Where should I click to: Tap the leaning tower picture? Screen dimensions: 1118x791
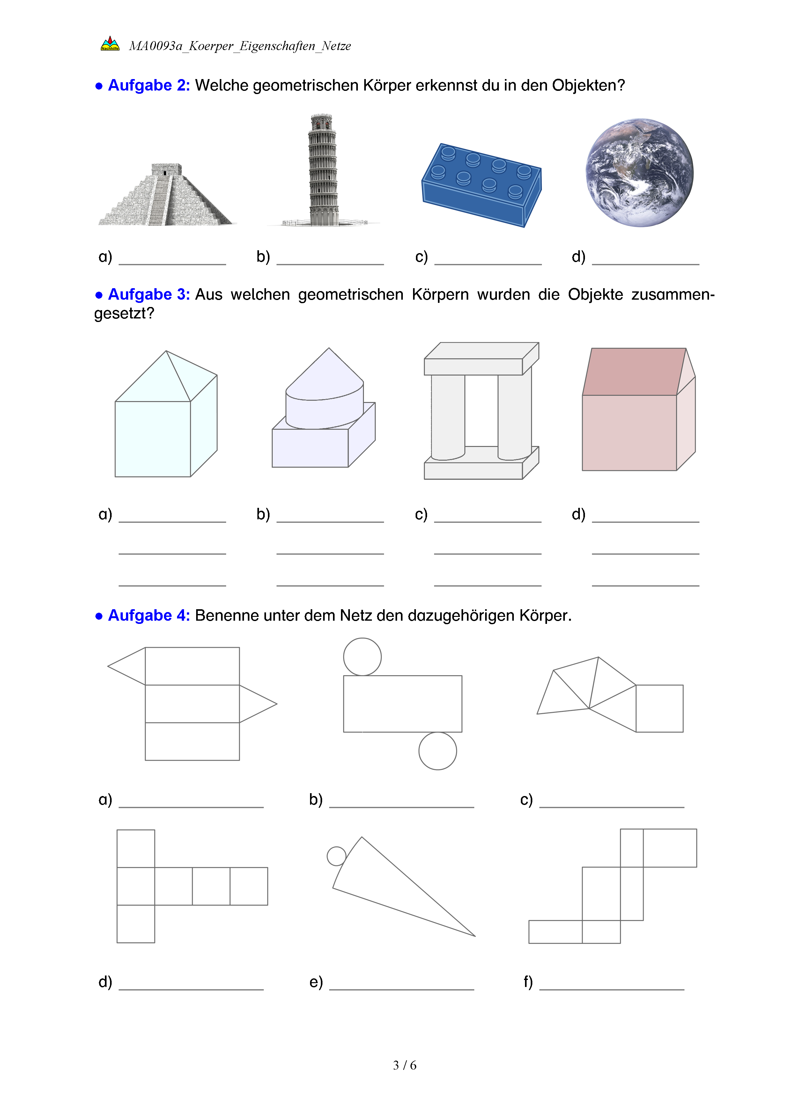(322, 171)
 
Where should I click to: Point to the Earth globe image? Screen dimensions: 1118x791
(639, 172)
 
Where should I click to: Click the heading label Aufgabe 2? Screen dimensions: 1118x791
(149, 85)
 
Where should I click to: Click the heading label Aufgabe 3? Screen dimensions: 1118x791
(149, 295)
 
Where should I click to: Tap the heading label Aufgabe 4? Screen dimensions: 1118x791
(149, 616)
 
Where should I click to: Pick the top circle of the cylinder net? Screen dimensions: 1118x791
(362, 656)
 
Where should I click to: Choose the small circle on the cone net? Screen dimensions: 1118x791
(336, 856)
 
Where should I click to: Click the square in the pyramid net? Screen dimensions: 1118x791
(660, 708)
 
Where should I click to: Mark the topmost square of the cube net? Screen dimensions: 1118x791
(136, 848)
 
